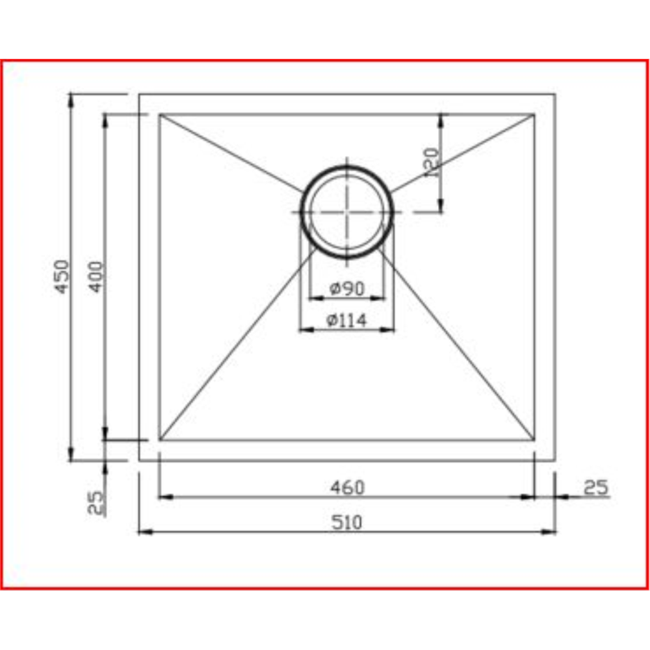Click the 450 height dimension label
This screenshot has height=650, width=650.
tap(62, 276)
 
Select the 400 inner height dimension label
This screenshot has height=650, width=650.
tap(96, 276)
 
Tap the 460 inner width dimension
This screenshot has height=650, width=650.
tap(347, 487)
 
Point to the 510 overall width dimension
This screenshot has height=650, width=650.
tap(346, 523)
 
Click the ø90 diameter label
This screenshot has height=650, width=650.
tap(347, 289)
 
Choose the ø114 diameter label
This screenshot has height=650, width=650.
tap(346, 320)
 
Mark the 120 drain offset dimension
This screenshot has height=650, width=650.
tap(431, 162)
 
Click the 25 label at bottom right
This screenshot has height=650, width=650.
tap(595, 487)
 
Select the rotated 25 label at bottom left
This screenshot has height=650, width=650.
tap(96, 502)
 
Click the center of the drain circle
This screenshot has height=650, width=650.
tap(347, 212)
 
